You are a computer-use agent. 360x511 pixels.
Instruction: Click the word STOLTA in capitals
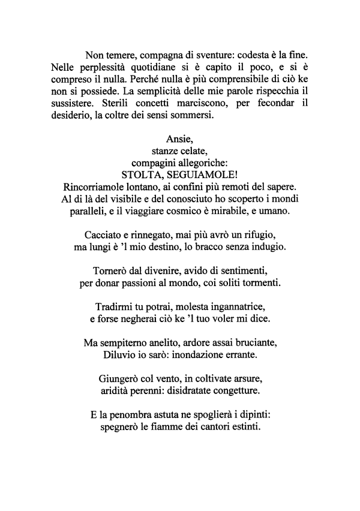click(x=141, y=175)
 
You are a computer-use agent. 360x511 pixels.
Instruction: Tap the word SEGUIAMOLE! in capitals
click(x=201, y=175)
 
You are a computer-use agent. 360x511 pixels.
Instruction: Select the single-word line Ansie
click(x=178, y=139)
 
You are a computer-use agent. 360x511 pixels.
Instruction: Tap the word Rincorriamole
click(x=96, y=187)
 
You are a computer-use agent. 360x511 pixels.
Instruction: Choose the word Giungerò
click(x=118, y=378)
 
